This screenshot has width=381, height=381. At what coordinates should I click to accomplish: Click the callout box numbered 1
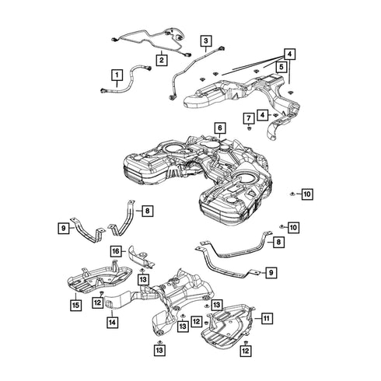pyautogui.click(x=117, y=75)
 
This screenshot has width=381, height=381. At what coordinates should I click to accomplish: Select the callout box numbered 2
pyautogui.click(x=162, y=60)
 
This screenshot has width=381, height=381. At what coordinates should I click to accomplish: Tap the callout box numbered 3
pyautogui.click(x=206, y=40)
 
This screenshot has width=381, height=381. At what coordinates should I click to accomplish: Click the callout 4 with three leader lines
pyautogui.click(x=289, y=54)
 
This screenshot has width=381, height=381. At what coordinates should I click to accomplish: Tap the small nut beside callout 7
pyautogui.click(x=248, y=128)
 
